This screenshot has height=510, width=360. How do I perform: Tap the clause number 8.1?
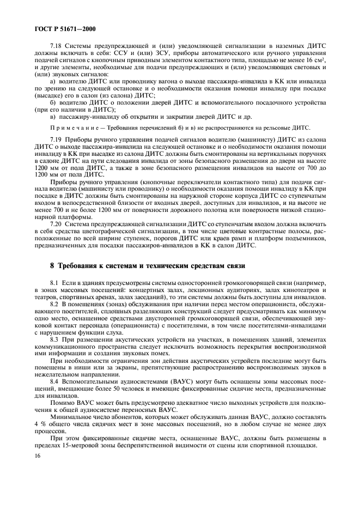pos(54,283)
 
